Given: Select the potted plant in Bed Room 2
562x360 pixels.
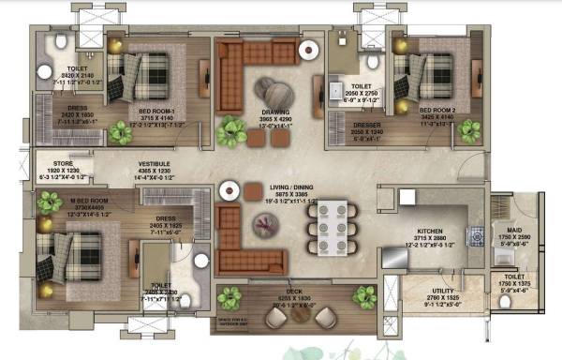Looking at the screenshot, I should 458,131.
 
